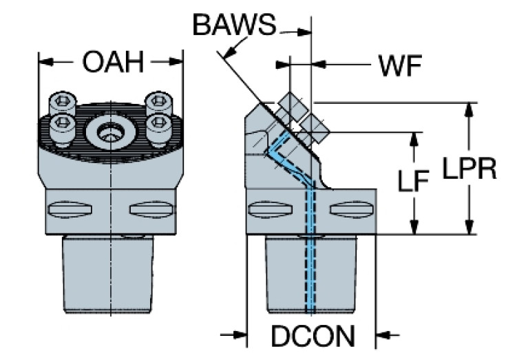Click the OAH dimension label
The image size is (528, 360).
112,62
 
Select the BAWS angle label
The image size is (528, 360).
233,25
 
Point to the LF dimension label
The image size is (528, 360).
414,182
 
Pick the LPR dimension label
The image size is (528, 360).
469,169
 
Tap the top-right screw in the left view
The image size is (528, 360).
158,103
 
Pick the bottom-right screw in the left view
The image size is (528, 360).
159,124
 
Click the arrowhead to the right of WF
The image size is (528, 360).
321,65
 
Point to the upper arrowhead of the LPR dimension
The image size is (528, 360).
469,110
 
